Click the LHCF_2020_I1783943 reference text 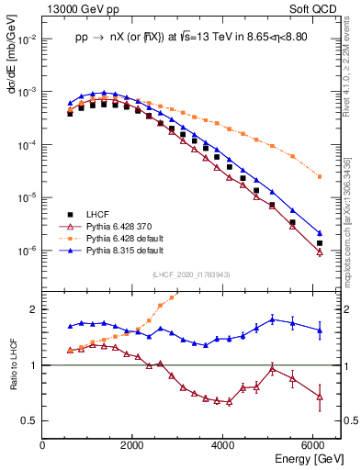pyautogui.click(x=191, y=274)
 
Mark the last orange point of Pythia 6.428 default pyautogui.click(x=319, y=176)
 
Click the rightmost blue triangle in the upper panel pyautogui.click(x=319, y=233)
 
